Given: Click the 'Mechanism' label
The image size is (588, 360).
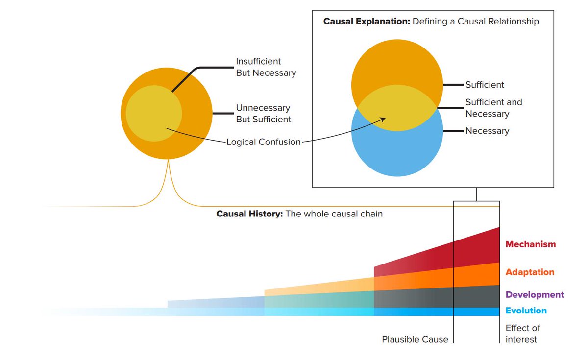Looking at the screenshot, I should click(x=531, y=244).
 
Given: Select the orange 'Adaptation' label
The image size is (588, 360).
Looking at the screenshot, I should click(x=530, y=272).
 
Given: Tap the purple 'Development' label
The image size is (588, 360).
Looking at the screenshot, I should click(x=535, y=295).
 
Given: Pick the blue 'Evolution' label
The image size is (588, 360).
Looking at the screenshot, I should click(x=526, y=311).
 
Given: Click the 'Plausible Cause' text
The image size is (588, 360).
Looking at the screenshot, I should click(x=415, y=339).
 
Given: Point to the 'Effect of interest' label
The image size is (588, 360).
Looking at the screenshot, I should click(x=522, y=334).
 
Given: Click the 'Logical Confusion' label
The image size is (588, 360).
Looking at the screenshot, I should click(x=263, y=142).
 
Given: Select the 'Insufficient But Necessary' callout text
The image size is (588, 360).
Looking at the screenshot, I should click(x=266, y=67).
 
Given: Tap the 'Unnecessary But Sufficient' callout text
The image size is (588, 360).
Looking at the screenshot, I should click(x=263, y=114).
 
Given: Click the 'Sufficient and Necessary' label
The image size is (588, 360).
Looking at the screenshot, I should click(x=493, y=108).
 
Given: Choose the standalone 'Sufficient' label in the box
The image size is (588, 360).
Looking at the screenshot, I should click(x=485, y=85).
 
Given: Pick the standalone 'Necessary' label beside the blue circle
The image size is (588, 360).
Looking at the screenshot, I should click(x=487, y=131).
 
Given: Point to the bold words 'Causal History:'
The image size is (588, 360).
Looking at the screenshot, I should click(x=249, y=214).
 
